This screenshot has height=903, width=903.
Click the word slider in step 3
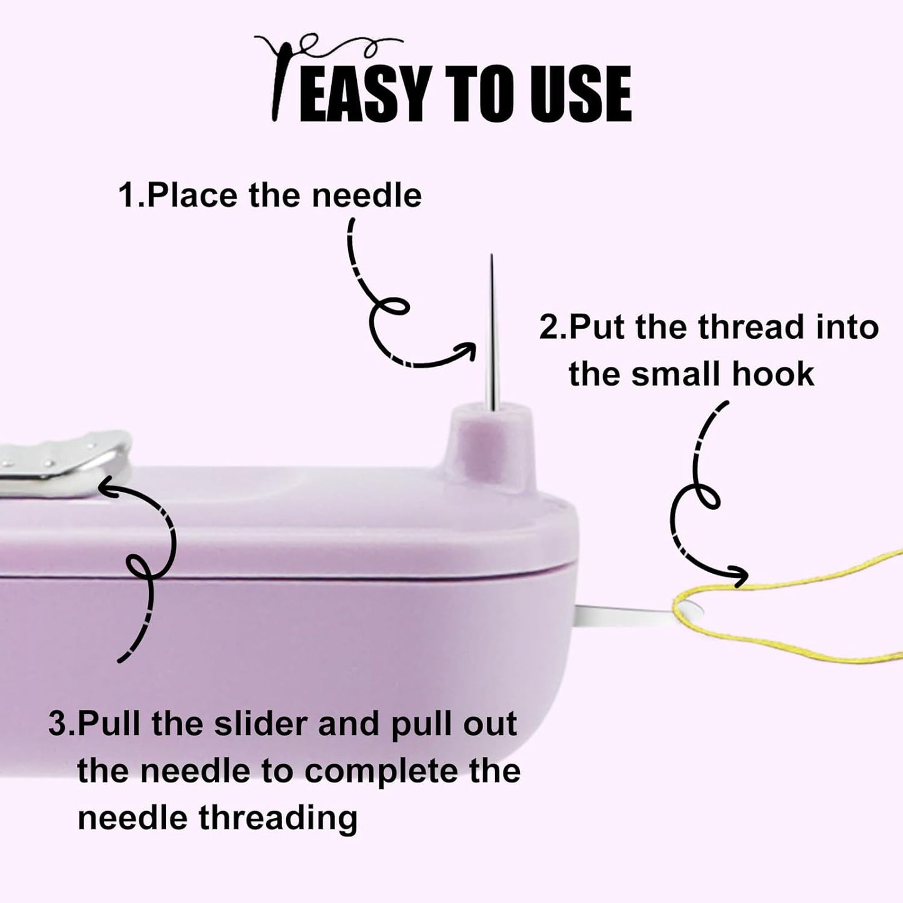click(x=259, y=724)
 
